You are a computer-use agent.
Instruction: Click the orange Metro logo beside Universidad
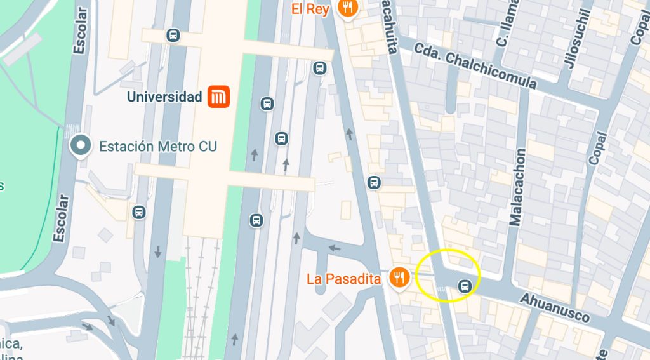pos(218,97)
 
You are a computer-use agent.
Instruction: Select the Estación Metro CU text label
pos(158,147)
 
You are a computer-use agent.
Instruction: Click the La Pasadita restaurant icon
pos(399,278)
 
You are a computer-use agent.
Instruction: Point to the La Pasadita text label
pos(343,279)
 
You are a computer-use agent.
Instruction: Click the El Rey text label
pos(310,8)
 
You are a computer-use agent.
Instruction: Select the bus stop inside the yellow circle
pos(465,286)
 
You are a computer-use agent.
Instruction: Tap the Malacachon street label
pos(518,187)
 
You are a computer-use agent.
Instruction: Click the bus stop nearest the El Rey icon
pos(320,67)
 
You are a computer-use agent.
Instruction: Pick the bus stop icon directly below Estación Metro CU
pos(138,212)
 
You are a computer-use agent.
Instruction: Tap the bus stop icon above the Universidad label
pos(173,36)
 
